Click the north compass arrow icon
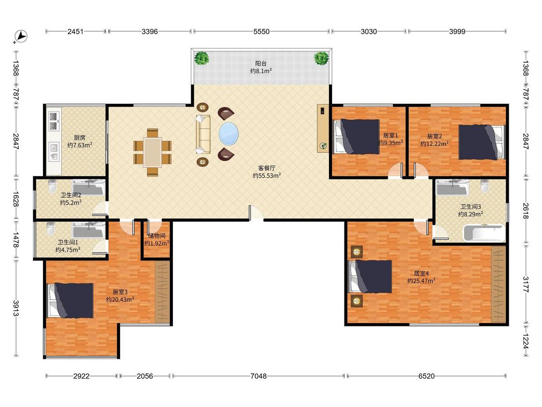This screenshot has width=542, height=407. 21,36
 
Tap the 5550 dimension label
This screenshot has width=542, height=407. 261,31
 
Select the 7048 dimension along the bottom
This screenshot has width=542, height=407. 259,376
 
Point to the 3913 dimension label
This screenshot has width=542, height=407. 16,308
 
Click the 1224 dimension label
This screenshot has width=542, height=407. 526,341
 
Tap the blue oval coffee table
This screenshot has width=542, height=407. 228,134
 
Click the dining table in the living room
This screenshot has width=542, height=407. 152,152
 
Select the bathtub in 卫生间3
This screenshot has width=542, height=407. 484,233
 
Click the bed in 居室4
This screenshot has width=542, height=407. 370,276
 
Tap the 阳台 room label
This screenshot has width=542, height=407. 261,63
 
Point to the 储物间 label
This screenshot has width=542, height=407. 157,236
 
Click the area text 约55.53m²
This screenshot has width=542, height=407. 266,176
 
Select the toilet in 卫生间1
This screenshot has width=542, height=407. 51,229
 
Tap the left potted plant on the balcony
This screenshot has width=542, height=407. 201,58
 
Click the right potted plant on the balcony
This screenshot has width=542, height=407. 321,58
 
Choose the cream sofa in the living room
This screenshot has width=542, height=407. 203,134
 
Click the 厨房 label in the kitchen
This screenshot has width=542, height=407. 79,137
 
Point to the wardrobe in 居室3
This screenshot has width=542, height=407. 162,292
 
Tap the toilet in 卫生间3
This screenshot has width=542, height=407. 485,186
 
